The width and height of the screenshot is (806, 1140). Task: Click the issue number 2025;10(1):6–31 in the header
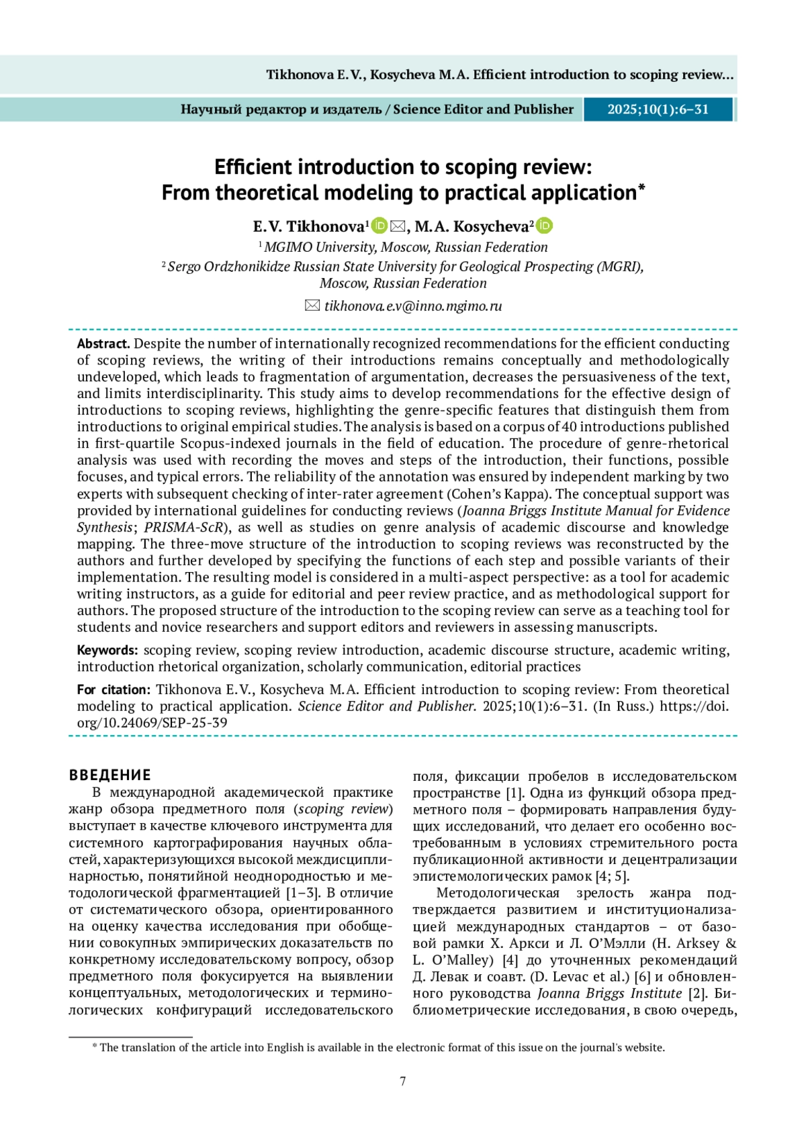click(658, 109)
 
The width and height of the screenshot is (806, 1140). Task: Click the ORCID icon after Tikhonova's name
click(379, 226)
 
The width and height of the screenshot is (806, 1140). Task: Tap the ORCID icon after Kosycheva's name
click(545, 226)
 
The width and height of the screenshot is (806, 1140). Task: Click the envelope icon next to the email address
click(312, 306)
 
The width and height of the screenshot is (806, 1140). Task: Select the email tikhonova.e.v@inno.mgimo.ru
click(412, 306)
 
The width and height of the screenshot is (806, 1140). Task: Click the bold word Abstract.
click(103, 344)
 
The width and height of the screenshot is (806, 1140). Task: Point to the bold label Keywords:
click(107, 650)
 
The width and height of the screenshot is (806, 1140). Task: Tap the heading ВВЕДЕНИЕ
click(110, 775)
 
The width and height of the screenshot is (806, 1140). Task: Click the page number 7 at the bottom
click(403, 1081)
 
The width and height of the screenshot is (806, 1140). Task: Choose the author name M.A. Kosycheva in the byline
click(472, 227)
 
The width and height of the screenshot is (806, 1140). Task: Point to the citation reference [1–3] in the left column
click(302, 893)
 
